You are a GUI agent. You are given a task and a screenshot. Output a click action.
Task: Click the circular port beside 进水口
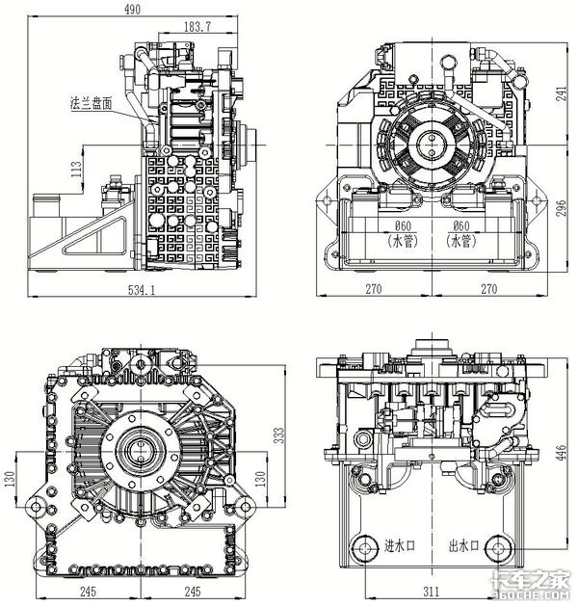tap(365, 549)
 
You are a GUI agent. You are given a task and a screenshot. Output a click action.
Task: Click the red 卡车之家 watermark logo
tap(526, 577)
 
